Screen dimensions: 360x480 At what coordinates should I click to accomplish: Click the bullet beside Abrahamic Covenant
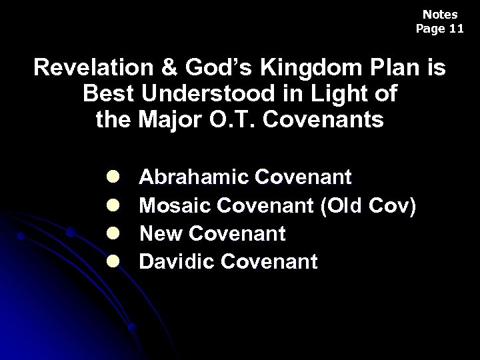click(x=112, y=177)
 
